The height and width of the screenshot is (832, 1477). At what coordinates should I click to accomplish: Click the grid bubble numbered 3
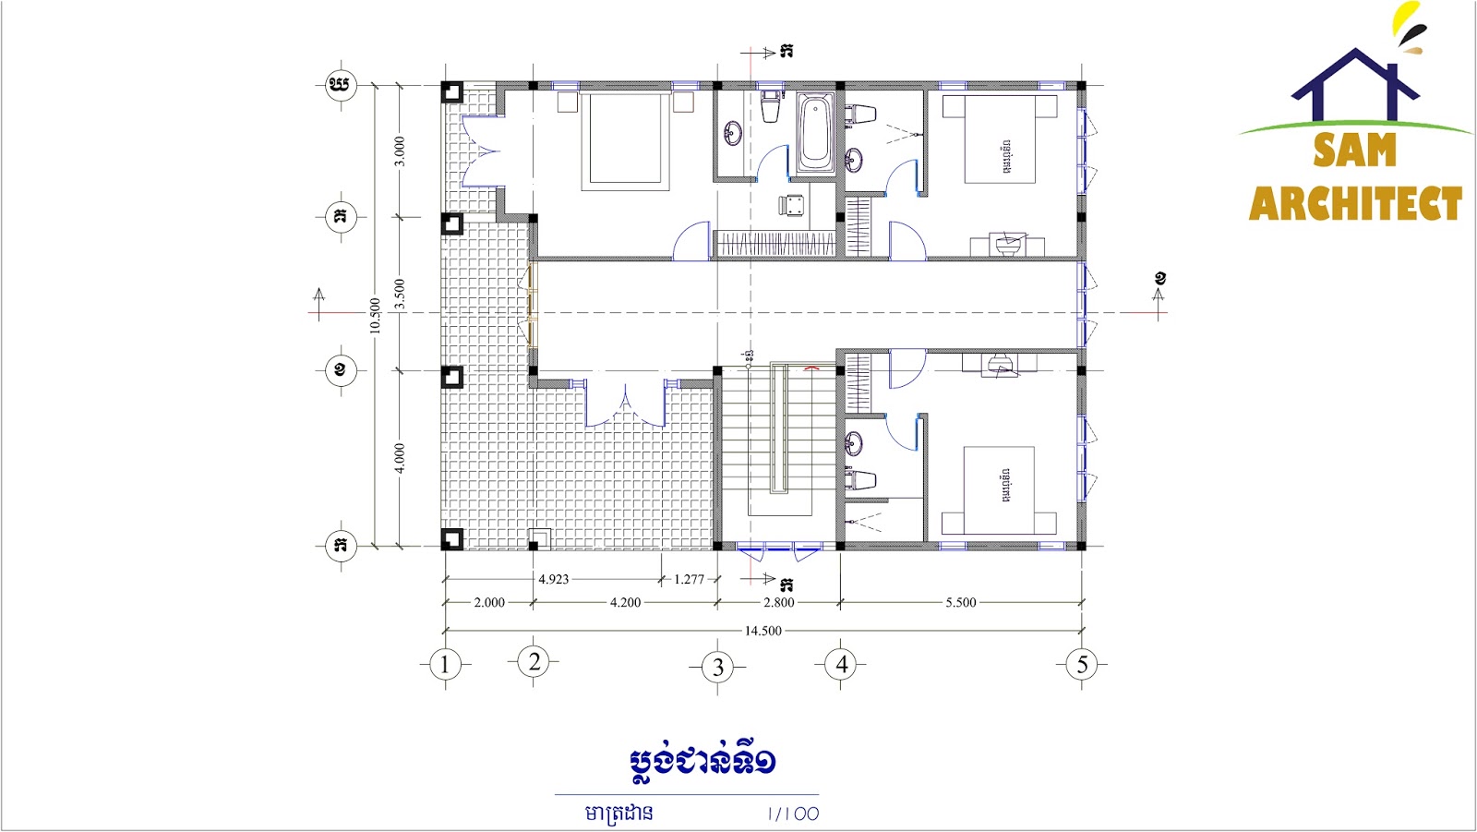[x=718, y=668]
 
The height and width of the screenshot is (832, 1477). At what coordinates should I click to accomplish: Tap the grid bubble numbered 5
[x=1082, y=664]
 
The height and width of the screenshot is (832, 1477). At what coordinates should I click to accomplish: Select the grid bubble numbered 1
[x=445, y=664]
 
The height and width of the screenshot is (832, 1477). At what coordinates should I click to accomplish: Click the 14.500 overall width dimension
[x=763, y=631]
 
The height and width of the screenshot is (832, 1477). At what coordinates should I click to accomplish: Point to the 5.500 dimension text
[x=960, y=602]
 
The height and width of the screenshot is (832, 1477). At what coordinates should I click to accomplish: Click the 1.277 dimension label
[x=689, y=579]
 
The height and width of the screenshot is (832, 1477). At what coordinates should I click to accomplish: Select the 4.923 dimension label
[x=554, y=579]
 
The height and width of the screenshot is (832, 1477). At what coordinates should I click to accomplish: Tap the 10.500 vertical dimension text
[x=375, y=315]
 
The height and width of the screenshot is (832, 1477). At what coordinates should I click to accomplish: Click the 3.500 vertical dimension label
[x=400, y=294]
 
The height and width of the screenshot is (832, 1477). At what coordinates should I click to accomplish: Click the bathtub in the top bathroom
[x=815, y=134]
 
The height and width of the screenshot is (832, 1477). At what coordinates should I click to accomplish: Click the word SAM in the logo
[x=1354, y=151]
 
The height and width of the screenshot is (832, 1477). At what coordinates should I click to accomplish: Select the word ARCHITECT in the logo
[x=1355, y=203]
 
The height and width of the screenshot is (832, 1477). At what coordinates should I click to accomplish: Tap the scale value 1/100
[x=792, y=814]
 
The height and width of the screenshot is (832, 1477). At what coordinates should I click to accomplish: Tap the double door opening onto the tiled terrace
[x=625, y=404]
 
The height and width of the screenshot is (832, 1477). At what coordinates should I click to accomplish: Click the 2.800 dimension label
[x=778, y=602]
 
